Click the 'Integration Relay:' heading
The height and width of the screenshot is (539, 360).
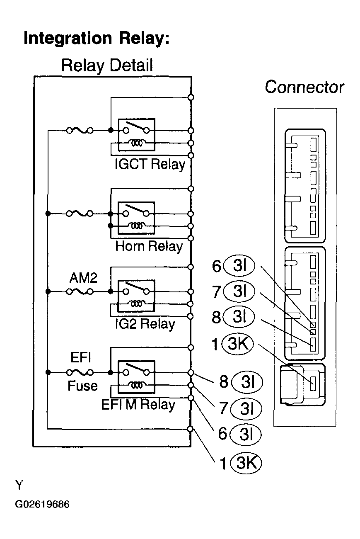point(97,39)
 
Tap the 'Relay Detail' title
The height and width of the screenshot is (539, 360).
point(107,66)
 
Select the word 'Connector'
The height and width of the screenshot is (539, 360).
point(304,87)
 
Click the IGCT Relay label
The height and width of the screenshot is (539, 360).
point(150,164)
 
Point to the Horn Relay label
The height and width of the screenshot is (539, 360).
point(149,246)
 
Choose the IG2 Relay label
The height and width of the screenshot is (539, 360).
point(145,324)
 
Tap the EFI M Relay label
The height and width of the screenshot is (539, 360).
point(138,405)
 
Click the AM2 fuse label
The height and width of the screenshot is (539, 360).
point(83,278)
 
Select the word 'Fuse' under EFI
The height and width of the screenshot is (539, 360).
point(82,386)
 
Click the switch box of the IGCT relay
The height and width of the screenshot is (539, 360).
point(136,134)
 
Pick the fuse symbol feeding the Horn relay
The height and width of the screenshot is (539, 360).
point(80,214)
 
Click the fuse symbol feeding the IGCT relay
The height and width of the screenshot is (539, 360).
point(80,131)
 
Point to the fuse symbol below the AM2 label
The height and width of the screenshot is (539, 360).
point(80,291)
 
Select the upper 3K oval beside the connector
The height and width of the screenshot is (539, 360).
point(237,343)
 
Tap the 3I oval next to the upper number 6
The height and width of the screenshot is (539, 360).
point(239,266)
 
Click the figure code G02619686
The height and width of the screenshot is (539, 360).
point(42,504)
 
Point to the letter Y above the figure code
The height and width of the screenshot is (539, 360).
point(19,484)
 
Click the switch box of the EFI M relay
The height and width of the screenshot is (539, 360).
point(136,377)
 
